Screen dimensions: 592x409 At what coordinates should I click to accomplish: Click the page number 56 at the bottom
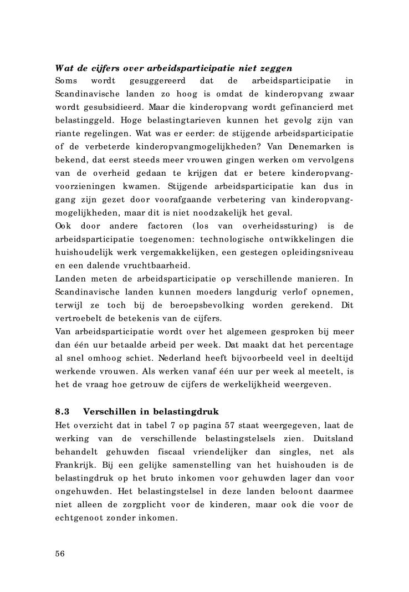60,554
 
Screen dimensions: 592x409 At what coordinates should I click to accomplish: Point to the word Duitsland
332,438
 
